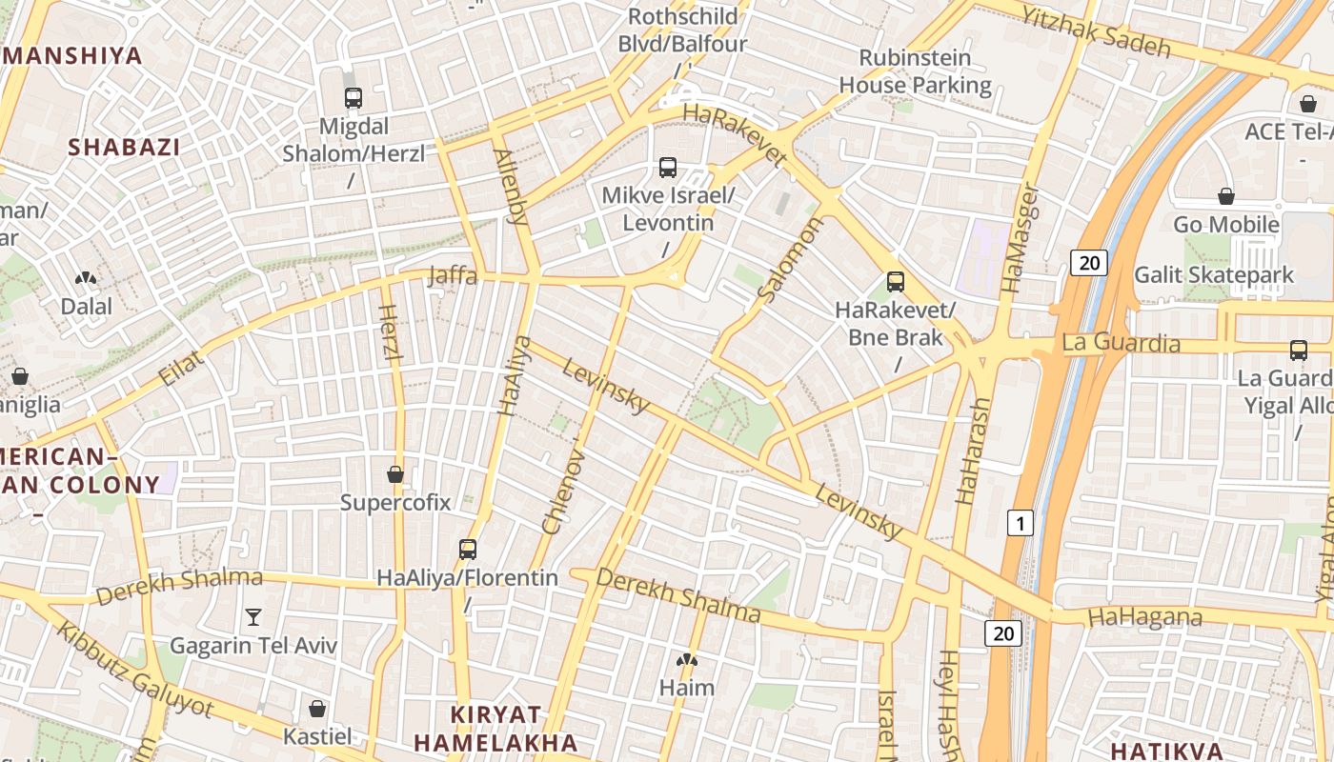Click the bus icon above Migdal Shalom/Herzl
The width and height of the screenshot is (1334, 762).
(354, 97)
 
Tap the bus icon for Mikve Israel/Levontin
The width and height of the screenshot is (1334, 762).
(668, 168)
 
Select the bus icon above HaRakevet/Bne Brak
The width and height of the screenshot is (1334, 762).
(895, 281)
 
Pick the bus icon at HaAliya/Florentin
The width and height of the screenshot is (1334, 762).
(467, 549)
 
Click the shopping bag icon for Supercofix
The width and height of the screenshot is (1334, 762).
(395, 473)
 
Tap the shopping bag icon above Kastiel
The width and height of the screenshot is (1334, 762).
(317, 709)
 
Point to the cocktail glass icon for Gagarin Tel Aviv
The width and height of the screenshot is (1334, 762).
(253, 617)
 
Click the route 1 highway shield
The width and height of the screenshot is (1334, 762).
(1021, 523)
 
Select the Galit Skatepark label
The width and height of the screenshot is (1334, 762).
(1213, 275)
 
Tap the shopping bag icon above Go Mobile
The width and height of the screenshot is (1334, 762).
(1226, 196)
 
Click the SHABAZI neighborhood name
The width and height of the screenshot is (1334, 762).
(124, 147)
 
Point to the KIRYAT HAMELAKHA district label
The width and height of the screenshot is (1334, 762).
(495, 729)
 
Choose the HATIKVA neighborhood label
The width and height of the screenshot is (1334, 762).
(1166, 749)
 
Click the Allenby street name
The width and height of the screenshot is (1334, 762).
(511, 186)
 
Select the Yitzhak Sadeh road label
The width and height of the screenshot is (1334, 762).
(1095, 30)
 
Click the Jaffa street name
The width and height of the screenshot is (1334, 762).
(453, 275)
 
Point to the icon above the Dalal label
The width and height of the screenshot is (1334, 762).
(86, 278)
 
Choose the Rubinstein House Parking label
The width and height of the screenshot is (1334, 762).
(915, 71)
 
